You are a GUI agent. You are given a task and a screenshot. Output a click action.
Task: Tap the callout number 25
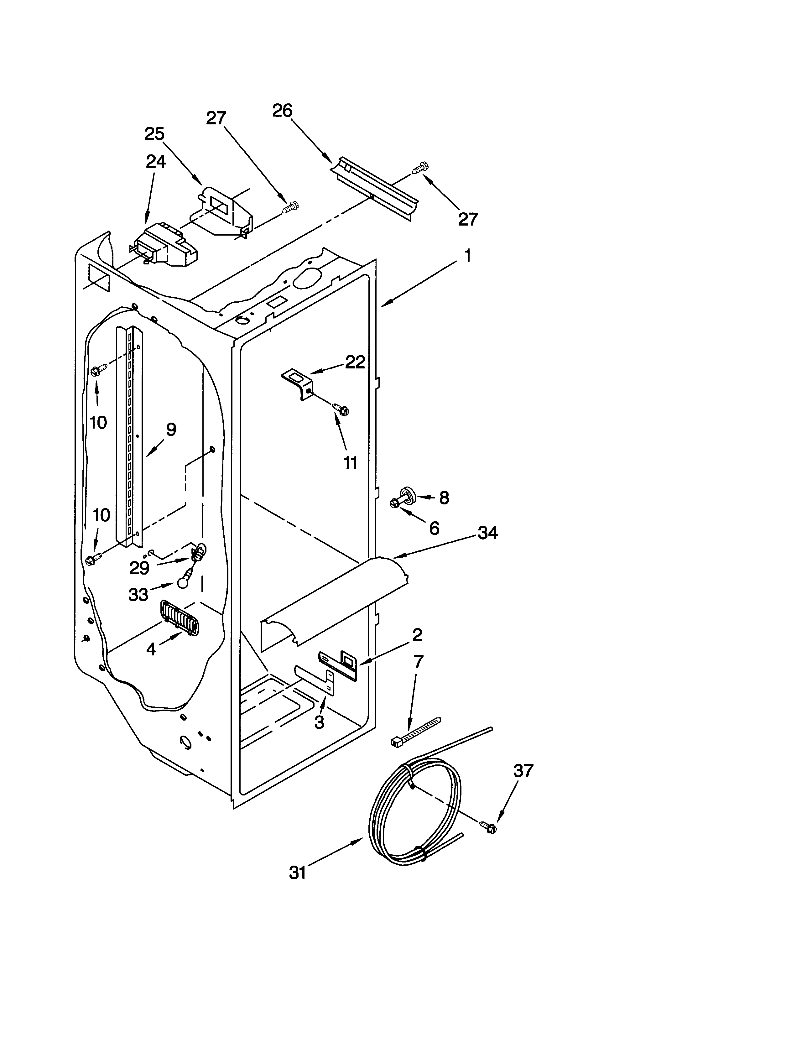click(154, 134)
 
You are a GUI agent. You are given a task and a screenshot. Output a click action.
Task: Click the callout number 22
click(355, 362)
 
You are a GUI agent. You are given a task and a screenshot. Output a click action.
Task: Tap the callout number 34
click(487, 533)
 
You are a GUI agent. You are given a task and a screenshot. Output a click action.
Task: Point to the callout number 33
click(138, 594)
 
